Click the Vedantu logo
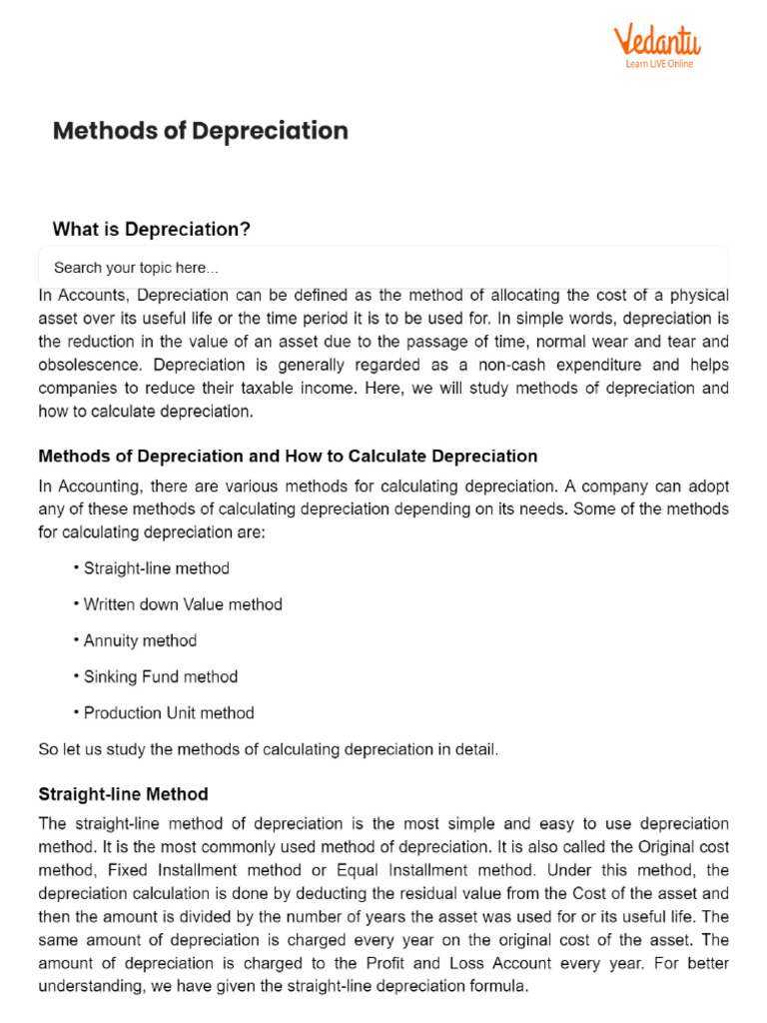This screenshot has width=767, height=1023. coord(657,42)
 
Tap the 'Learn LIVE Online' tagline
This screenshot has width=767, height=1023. coord(659,64)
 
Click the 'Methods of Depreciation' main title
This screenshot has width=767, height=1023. coord(200,131)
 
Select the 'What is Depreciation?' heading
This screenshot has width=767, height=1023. coord(151,230)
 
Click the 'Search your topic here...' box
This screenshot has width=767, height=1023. coord(383,268)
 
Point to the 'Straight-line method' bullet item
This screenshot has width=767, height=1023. coord(156,568)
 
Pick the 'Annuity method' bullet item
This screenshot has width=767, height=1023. coord(140,640)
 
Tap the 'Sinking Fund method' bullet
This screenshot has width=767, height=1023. coord(161,676)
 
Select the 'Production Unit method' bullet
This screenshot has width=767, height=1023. coord(169,712)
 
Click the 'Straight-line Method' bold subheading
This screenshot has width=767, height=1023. coord(123,794)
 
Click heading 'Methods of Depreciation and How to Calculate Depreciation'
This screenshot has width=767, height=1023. coord(288,457)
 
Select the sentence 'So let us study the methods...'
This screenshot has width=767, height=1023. coord(268,749)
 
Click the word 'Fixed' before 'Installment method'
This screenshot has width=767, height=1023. coord(127,870)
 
